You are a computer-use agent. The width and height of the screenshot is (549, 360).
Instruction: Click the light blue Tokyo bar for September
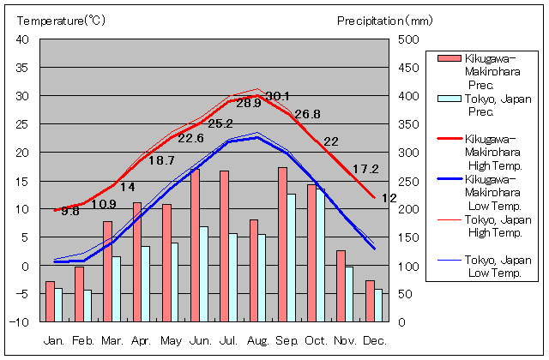[292, 257]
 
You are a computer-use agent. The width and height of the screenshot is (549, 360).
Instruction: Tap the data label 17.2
[365, 170]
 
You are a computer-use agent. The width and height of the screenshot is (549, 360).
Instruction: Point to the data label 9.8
[69, 211]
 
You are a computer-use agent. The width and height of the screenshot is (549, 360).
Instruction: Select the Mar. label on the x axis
[112, 341]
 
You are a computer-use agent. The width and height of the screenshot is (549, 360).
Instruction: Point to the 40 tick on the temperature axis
[24, 39]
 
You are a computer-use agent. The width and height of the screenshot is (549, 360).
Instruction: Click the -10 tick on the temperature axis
[21, 322]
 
